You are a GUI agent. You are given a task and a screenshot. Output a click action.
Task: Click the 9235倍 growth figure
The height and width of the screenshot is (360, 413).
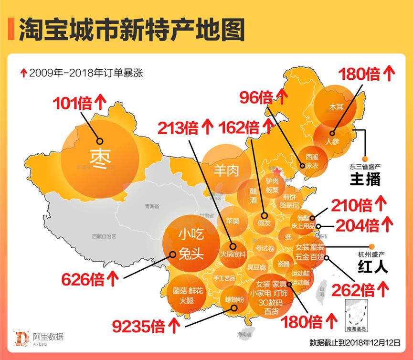[139, 327]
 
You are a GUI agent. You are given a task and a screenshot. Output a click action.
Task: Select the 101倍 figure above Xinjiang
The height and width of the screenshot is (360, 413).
[74, 103]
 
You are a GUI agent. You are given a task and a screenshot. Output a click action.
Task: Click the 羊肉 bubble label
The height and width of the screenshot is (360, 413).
[226, 170]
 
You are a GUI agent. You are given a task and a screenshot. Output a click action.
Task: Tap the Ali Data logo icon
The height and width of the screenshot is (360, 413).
[21, 338]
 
